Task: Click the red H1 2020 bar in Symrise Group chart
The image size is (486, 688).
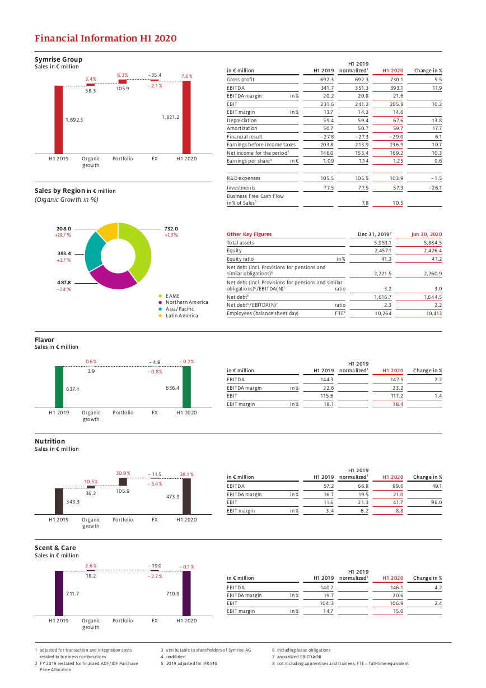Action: pyautogui.click(x=186, y=117)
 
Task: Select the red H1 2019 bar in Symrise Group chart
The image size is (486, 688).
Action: pyautogui.click(x=59, y=120)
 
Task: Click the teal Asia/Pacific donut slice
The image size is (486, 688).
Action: pyautogui.click(x=93, y=252)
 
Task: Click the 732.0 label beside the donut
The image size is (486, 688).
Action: pyautogui.click(x=171, y=229)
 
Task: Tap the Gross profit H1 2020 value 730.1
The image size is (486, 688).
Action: pyautogui.click(x=396, y=80)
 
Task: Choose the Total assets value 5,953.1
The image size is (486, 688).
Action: pyautogui.click(x=382, y=243)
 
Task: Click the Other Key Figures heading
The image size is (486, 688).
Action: pyautogui.click(x=249, y=234)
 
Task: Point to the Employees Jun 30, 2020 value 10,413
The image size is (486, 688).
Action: pyautogui.click(x=434, y=313)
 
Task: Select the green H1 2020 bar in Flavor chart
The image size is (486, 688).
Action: pyautogui.click(x=186, y=387)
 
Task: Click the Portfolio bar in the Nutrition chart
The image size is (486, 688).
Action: pyautogui.click(x=123, y=482)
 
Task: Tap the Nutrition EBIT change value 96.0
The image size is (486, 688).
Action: pyautogui.click(x=436, y=502)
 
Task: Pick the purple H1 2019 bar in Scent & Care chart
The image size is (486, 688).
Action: pyautogui.click(x=59, y=593)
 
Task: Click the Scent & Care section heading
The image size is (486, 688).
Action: pyautogui.click(x=55, y=548)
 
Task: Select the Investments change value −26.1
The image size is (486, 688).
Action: pyautogui.click(x=435, y=188)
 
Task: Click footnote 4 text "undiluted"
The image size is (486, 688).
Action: pyautogui.click(x=176, y=657)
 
